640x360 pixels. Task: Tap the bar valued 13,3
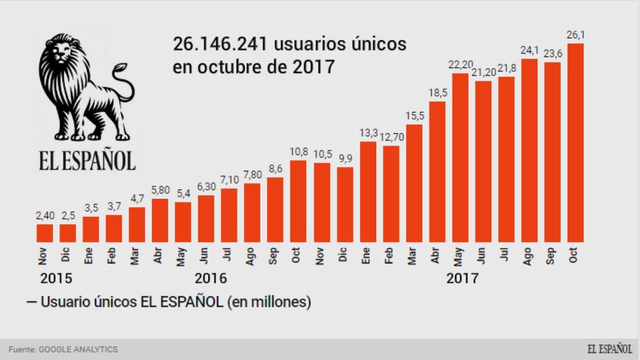[x=368, y=191]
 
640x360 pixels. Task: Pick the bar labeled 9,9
[x=345, y=204]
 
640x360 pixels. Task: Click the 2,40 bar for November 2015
[x=45, y=232]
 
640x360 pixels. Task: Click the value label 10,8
[x=299, y=151]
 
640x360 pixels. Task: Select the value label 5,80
[x=160, y=189]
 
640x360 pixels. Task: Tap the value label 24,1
[x=529, y=50]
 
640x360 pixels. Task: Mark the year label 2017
[x=462, y=277]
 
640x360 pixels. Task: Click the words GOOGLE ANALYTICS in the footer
[x=78, y=349]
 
